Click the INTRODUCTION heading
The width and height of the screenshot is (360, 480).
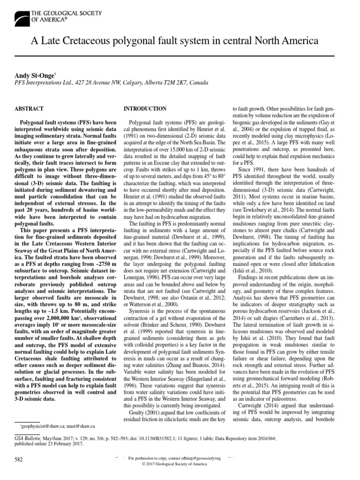click(x=144, y=109)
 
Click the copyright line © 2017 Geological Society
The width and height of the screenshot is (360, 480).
click(x=180, y=464)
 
